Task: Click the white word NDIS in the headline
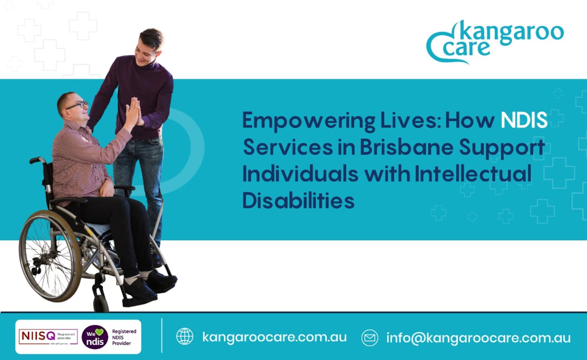coord(524,120)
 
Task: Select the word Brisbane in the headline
coord(406,147)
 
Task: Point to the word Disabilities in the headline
coord(298,200)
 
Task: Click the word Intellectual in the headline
coord(473,174)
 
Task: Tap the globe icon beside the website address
coord(185,337)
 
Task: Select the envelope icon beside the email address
coord(370,338)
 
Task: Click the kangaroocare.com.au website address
coord(274,337)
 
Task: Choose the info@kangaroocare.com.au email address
coord(478,338)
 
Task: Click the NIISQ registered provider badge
coord(48,337)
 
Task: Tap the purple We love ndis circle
coord(95,337)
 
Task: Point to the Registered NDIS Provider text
coord(124,337)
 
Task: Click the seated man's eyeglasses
coord(78,105)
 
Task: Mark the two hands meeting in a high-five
coord(134,111)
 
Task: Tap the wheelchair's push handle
coord(36,160)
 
